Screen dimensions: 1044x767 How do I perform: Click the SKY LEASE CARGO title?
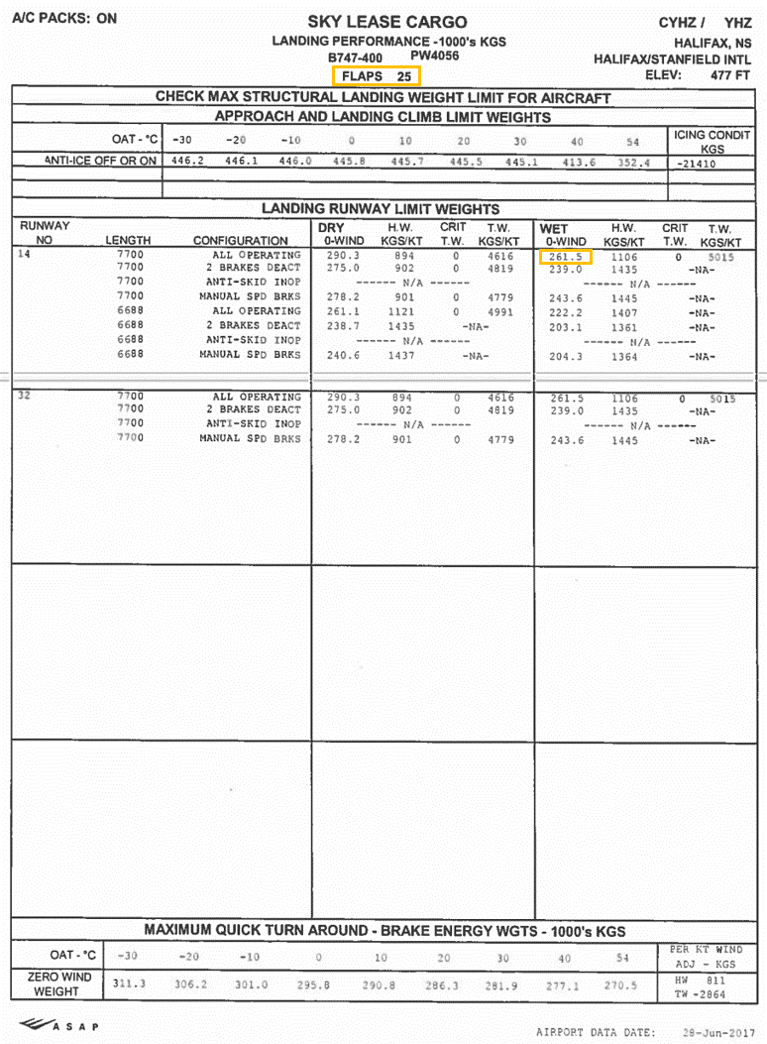point(386,22)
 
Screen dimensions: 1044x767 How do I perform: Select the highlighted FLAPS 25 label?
point(377,75)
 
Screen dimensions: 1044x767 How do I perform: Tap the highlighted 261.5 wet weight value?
point(566,257)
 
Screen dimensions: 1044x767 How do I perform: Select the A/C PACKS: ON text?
point(64,18)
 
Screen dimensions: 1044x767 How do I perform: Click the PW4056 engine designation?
point(435,57)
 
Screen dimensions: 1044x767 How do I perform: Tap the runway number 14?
point(25,255)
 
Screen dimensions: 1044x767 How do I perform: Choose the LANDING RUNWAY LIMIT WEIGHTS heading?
point(381,209)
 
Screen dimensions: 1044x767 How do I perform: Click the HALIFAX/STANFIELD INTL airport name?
point(673,59)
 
